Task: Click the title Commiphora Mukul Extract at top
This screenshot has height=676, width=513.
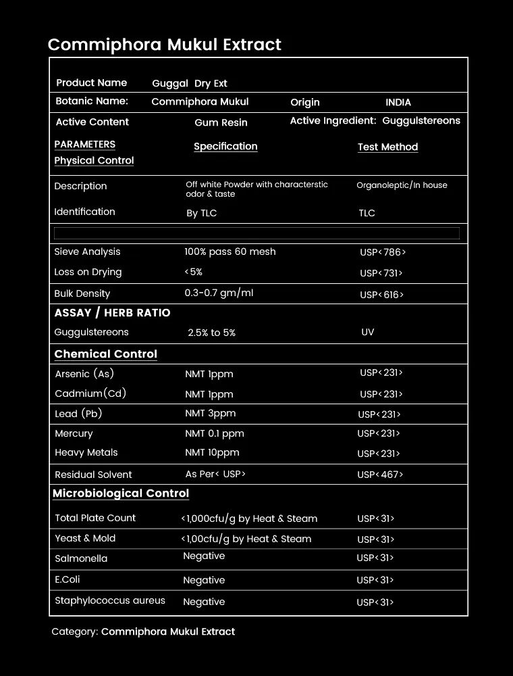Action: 164,45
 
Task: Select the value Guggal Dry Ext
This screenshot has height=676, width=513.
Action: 190,84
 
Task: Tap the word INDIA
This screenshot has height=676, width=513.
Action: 398,103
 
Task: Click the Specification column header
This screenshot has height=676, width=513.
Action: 225,146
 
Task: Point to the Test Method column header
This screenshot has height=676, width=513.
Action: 387,147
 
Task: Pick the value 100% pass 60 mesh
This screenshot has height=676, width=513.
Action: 230,251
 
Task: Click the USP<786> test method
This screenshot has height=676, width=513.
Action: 383,252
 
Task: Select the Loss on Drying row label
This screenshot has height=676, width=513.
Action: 88,272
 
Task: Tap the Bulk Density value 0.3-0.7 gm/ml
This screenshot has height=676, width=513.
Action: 219,293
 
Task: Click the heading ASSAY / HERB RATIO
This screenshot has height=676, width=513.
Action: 112,313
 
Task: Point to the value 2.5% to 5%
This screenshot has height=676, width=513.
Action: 211,333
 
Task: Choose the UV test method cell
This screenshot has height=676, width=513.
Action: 368,332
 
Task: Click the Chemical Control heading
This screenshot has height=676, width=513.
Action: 105,354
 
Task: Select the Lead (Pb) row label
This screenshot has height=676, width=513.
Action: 78,413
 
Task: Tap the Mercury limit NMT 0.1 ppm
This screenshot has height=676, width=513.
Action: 215,433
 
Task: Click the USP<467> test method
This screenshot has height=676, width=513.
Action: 380,475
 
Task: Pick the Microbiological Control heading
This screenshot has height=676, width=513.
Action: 121,493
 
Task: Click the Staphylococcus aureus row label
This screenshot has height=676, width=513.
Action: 110,600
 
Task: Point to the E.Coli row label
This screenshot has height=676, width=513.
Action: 67,579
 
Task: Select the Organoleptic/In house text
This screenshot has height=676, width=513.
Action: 402,185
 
